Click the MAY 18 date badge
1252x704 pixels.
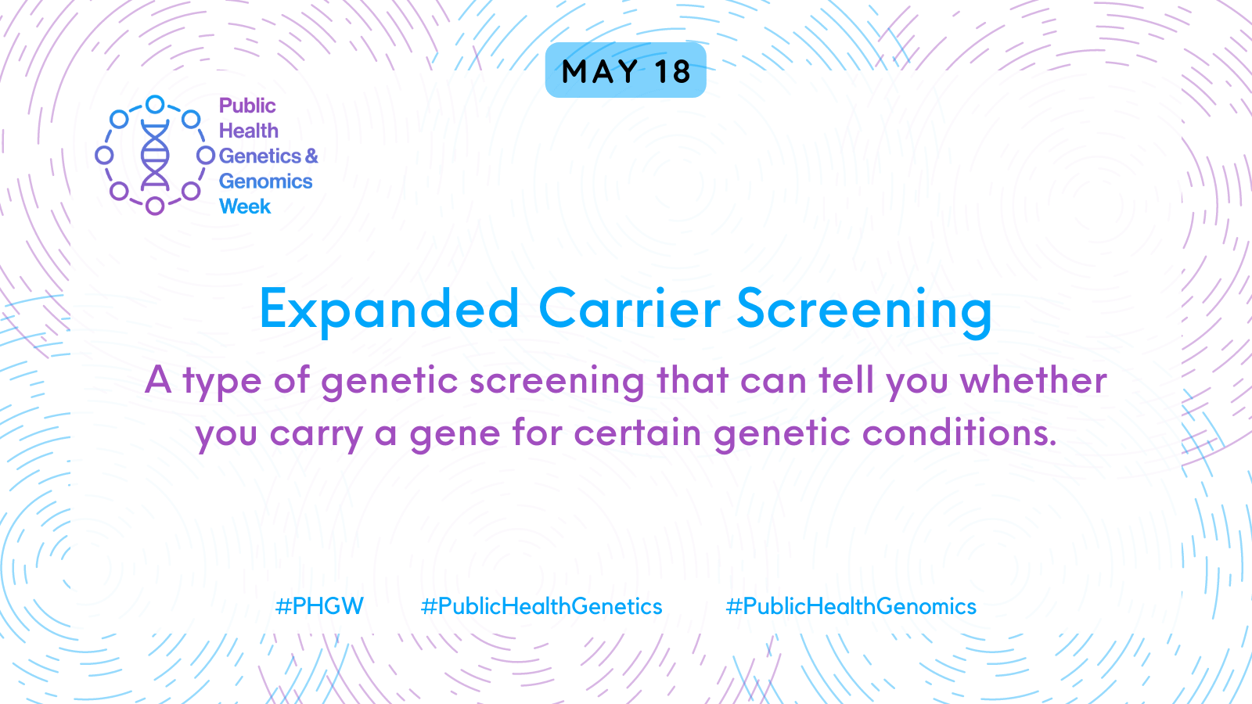pyautogui.click(x=625, y=70)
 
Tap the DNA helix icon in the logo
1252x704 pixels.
pyautogui.click(x=155, y=155)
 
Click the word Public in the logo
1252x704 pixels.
pyautogui.click(x=247, y=106)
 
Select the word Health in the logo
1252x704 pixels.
pyautogui.click(x=249, y=131)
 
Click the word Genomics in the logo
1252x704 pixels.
pyautogui.click(x=265, y=181)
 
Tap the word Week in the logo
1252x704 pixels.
pyautogui.click(x=245, y=207)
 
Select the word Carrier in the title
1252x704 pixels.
pyautogui.click(x=629, y=308)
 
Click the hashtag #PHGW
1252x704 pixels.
pyautogui.click(x=319, y=606)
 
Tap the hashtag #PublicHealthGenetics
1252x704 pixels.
pyautogui.click(x=541, y=607)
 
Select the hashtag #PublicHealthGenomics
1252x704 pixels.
pyautogui.click(x=851, y=607)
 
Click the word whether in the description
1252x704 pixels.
pyautogui.click(x=1034, y=380)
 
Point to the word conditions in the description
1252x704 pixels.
pyautogui.click(x=959, y=433)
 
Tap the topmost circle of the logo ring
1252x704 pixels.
pyautogui.click(x=155, y=105)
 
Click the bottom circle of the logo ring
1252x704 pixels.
pyautogui.click(x=155, y=206)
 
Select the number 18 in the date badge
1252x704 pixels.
pyautogui.click(x=673, y=71)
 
